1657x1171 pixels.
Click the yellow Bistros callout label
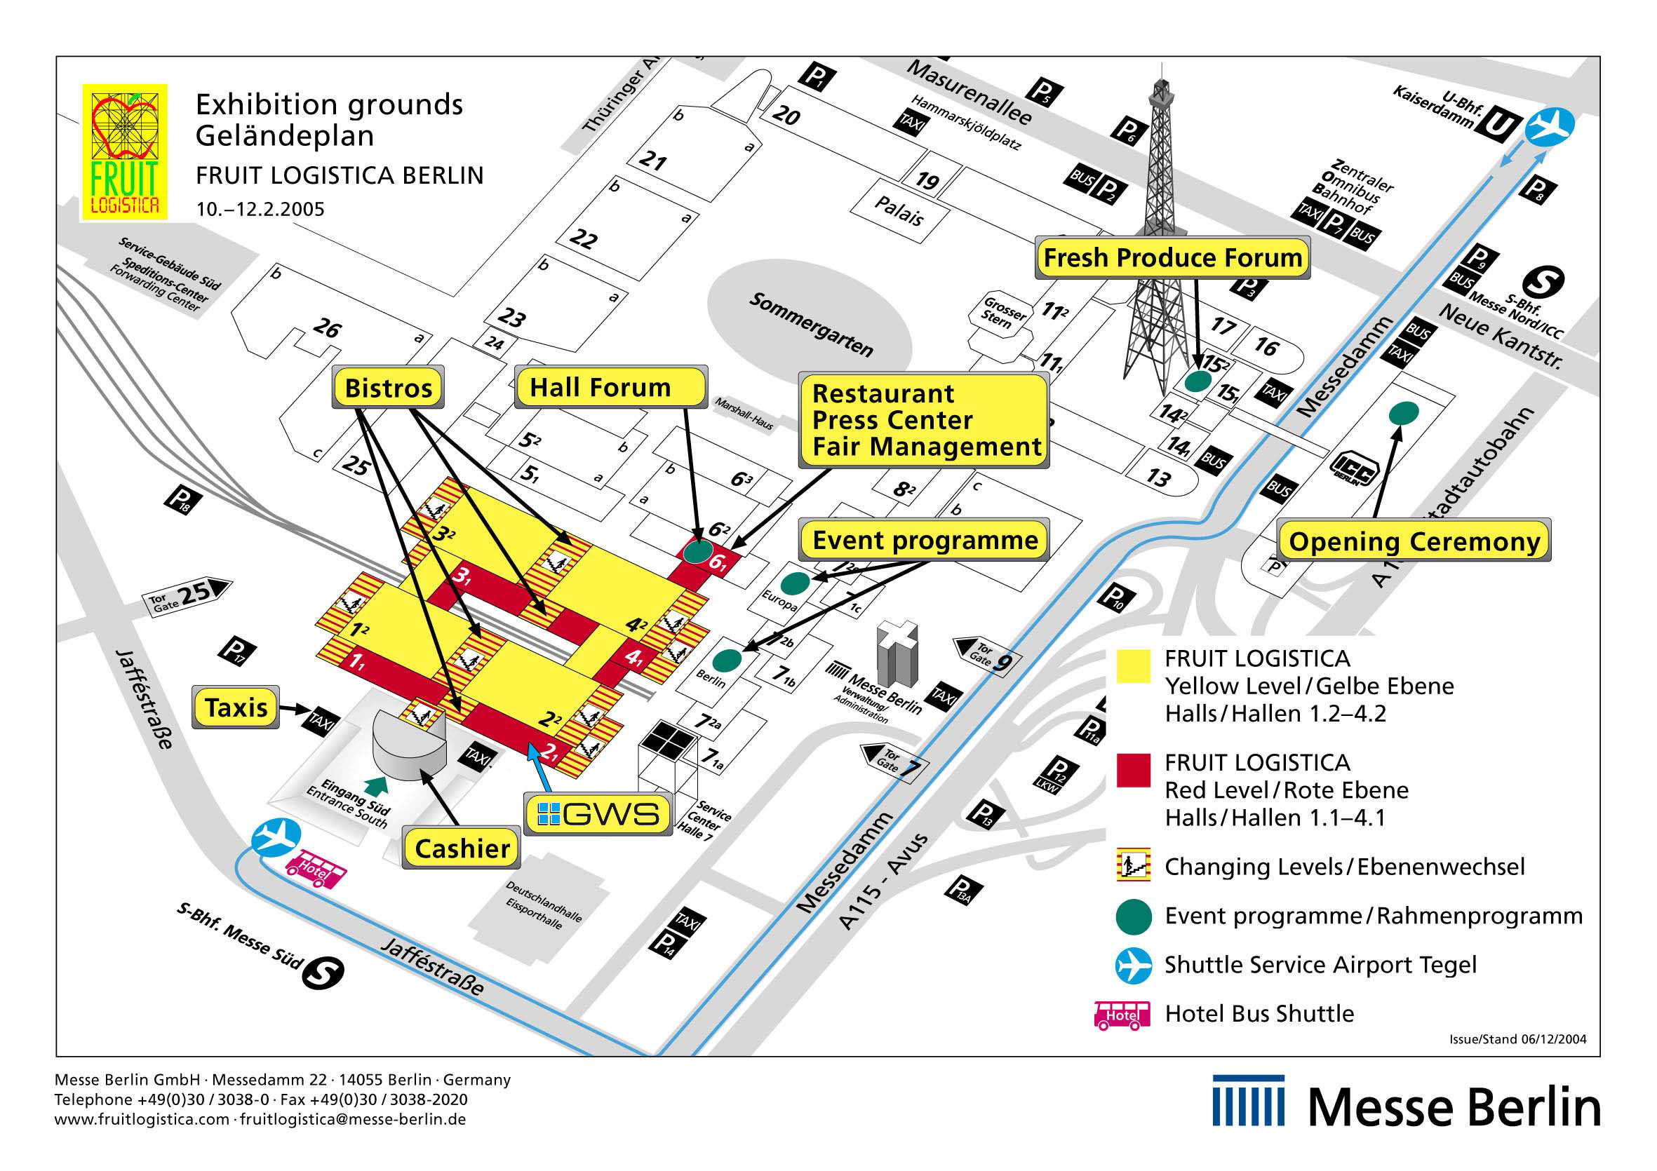coord(388,388)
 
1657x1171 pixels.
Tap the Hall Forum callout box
coord(610,387)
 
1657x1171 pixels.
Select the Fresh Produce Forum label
coord(1172,257)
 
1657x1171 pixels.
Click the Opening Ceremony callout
coord(1414,541)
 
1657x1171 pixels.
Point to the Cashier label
coord(462,848)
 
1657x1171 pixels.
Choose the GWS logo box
coord(598,814)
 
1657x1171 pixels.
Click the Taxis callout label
coord(236,707)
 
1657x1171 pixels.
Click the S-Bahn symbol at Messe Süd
coord(323,973)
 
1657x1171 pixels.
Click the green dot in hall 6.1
coord(697,552)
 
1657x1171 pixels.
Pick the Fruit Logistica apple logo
coord(125,151)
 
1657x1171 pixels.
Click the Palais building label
coord(899,210)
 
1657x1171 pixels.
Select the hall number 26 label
coord(326,328)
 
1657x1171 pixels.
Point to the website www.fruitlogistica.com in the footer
coord(142,1120)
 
